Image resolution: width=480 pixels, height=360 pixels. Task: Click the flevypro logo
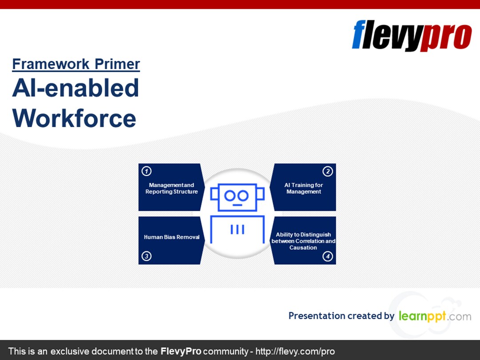click(x=412, y=36)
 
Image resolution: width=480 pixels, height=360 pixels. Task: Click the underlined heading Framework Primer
click(x=76, y=64)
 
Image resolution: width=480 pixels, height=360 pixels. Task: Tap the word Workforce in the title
click(x=74, y=118)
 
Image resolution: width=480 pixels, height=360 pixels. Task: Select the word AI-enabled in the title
click(x=76, y=88)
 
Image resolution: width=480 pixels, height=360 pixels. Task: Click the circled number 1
click(x=147, y=171)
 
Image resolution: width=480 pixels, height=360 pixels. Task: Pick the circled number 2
click(x=328, y=171)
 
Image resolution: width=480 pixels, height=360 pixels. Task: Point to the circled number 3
click(x=147, y=256)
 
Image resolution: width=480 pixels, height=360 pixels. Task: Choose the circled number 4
click(x=328, y=256)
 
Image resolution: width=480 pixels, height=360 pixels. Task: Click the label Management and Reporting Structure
click(x=172, y=188)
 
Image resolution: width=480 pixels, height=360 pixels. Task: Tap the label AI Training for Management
click(x=304, y=188)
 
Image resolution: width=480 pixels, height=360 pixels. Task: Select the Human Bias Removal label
click(x=172, y=237)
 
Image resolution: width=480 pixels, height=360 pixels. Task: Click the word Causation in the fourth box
click(x=303, y=248)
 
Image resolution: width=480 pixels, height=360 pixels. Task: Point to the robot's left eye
click(x=230, y=195)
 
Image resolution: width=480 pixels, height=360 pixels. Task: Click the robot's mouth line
click(x=237, y=205)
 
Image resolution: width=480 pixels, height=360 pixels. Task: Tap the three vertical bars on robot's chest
click(x=237, y=229)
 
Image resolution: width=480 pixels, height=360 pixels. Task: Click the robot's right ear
click(x=260, y=194)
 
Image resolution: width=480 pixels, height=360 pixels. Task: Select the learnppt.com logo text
click(x=435, y=316)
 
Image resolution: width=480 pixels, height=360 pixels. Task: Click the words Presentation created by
click(x=341, y=316)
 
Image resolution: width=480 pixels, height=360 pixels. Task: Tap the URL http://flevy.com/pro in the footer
click(x=295, y=351)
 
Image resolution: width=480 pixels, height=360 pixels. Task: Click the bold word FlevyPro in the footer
click(x=180, y=351)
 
